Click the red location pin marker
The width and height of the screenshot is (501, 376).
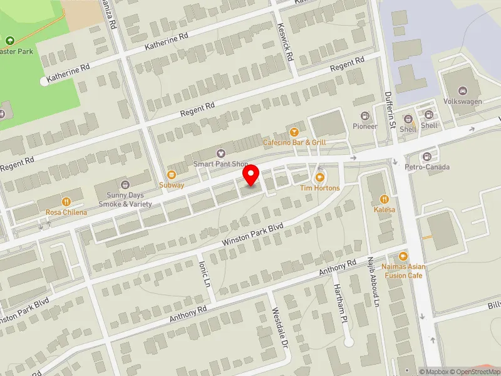[x=251, y=175]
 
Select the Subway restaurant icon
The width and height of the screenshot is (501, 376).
[x=172, y=174]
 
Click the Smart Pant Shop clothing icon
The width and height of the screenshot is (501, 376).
[x=220, y=153]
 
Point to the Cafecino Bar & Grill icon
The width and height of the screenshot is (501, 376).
[x=294, y=131]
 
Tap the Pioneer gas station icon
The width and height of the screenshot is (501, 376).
[x=365, y=116]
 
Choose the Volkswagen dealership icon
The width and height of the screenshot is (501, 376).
[x=463, y=91]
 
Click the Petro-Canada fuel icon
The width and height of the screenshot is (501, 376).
[x=427, y=156]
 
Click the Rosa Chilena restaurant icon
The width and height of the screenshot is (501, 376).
[x=66, y=201]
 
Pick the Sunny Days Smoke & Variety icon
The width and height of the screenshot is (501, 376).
[x=125, y=184]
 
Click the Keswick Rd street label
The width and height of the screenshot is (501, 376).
[x=285, y=43]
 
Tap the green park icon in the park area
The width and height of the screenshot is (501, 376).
[x=9, y=41]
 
